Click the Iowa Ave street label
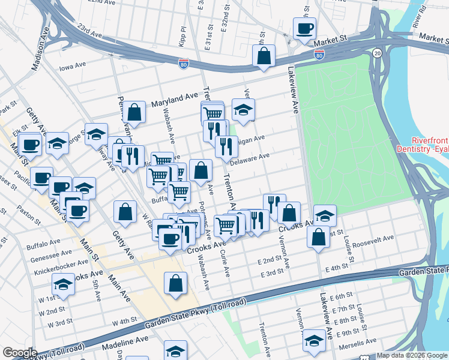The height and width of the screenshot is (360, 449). tap(73, 67)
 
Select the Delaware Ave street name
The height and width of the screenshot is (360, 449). tap(250, 158)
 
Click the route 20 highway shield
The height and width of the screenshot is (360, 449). tap(377, 53)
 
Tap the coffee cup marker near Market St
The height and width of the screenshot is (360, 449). tap(304, 28)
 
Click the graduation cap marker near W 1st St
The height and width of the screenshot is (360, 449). tap(63, 284)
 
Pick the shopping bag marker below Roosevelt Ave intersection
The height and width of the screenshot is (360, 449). tap(318, 236)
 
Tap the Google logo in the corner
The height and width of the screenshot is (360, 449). tap(20, 353)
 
